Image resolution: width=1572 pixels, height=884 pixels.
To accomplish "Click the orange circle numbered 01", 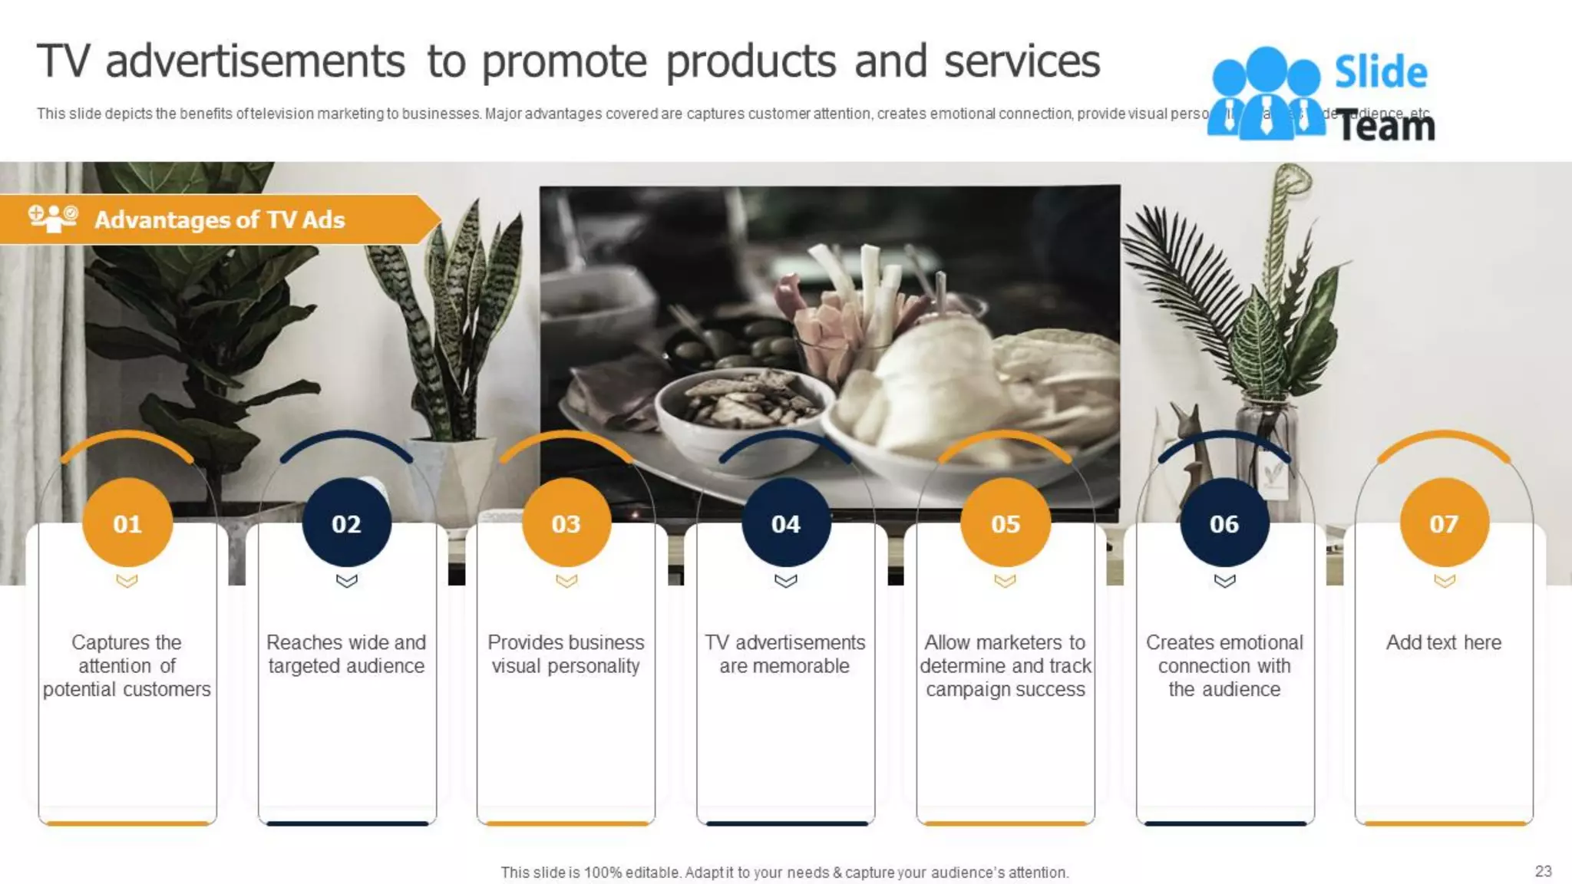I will pyautogui.click(x=127, y=523).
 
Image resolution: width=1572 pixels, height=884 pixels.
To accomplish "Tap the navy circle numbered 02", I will pyautogui.click(x=346, y=523).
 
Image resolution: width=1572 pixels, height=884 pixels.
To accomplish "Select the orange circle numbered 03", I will pyautogui.click(x=566, y=523).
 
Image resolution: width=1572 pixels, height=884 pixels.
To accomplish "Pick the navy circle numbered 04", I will pyautogui.click(x=785, y=523).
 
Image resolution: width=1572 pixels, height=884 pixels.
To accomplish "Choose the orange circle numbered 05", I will pyautogui.click(x=1005, y=523).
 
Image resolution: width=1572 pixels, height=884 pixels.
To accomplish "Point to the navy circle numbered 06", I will pyautogui.click(x=1224, y=523).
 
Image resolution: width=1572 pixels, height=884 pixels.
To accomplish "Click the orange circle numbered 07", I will pyautogui.click(x=1444, y=523).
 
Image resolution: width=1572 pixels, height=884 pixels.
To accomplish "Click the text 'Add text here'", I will pyautogui.click(x=1444, y=642).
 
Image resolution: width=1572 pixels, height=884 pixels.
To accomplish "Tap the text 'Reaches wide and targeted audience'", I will pyautogui.click(x=346, y=654).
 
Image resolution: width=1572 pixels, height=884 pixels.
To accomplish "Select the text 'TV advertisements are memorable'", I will pyautogui.click(x=785, y=654).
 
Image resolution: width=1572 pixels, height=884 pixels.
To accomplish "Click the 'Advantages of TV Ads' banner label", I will pyautogui.click(x=220, y=220).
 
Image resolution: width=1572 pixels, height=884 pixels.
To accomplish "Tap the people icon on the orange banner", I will pyautogui.click(x=53, y=218).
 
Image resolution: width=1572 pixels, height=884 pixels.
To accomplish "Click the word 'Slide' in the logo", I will pyautogui.click(x=1381, y=72).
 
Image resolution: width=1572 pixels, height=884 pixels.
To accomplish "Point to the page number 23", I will pyautogui.click(x=1543, y=871).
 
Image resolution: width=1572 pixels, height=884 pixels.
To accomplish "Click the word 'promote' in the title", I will pyautogui.click(x=565, y=61).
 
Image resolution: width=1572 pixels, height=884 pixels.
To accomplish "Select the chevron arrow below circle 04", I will pyautogui.click(x=785, y=581).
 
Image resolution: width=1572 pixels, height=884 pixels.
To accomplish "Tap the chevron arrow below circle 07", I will pyautogui.click(x=1444, y=581).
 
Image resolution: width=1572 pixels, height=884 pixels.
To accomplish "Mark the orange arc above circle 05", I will pyautogui.click(x=1005, y=439).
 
